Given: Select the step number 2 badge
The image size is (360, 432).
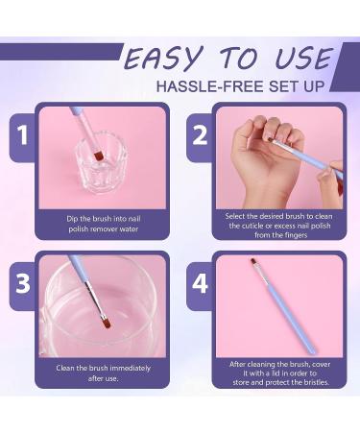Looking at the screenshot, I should tap(199, 134).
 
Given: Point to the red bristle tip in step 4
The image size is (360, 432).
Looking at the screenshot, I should tap(253, 262).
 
